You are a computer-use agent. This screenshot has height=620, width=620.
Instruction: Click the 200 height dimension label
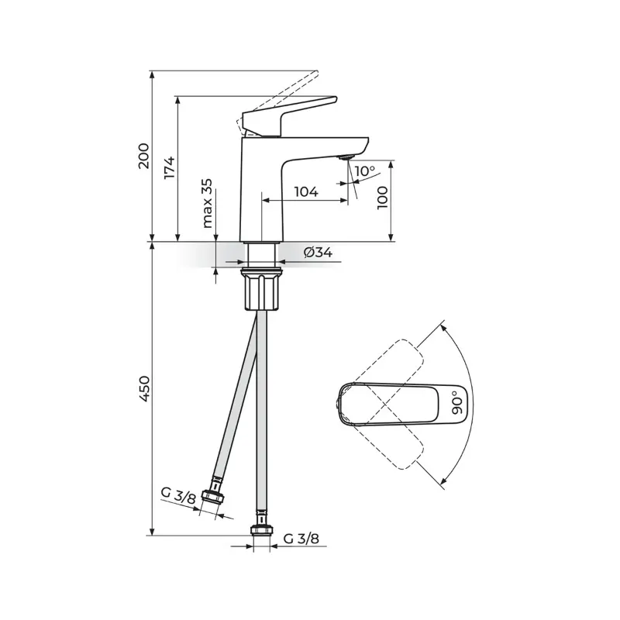pyautogui.click(x=144, y=156)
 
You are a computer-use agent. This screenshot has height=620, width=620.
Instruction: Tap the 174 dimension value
pyautogui.click(x=170, y=167)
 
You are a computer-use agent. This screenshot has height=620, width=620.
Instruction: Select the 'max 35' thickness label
pyautogui.click(x=207, y=203)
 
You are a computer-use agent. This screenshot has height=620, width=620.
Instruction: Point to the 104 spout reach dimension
pyautogui.click(x=306, y=191)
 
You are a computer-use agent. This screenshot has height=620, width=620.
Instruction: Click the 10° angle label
pyautogui.click(x=364, y=171)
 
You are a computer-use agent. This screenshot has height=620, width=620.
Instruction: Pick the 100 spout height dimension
pyautogui.click(x=382, y=198)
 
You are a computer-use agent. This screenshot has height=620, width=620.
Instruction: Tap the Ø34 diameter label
pyautogui.click(x=318, y=252)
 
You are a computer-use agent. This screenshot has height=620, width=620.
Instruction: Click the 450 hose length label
pyautogui.click(x=144, y=389)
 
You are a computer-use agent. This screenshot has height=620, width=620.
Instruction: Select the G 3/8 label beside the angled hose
pyautogui.click(x=178, y=494)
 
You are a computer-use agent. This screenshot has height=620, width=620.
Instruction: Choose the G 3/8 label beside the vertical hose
pyautogui.click(x=301, y=538)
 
